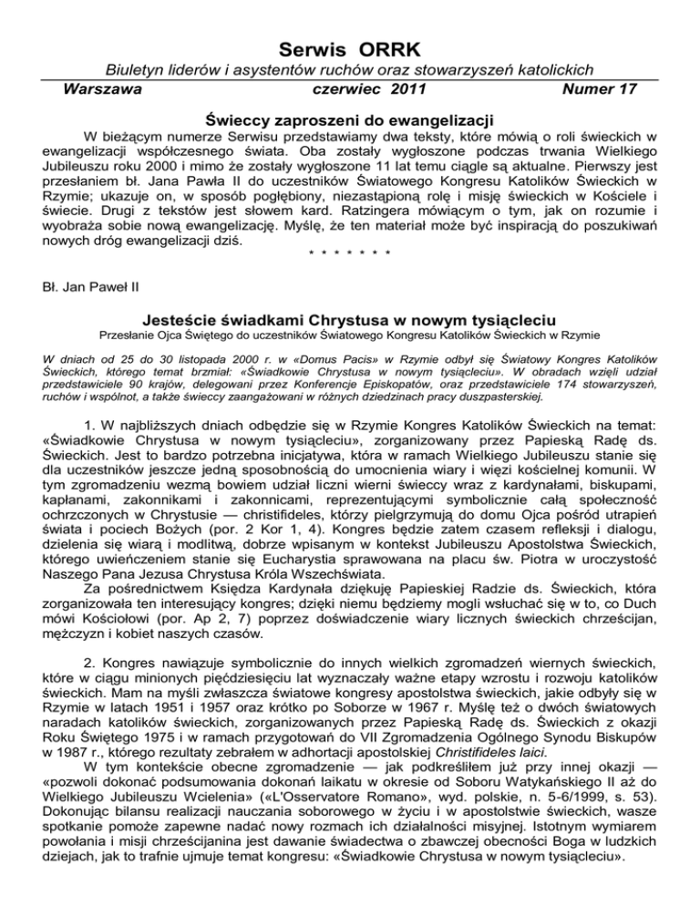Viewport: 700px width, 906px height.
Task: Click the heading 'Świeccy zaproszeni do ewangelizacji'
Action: (x=350, y=119)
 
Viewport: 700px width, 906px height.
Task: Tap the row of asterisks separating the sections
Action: (x=349, y=251)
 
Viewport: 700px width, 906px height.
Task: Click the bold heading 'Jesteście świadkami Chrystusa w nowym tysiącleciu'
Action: (x=350, y=322)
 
